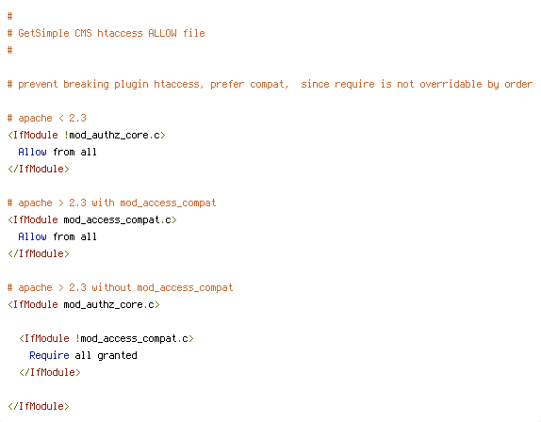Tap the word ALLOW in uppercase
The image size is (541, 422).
(x=162, y=33)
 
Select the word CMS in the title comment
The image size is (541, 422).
(x=83, y=33)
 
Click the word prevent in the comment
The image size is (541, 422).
(x=38, y=85)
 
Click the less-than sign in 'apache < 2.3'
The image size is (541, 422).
(x=61, y=119)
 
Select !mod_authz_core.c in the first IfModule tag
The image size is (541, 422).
(x=112, y=135)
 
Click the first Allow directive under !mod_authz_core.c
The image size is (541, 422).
(x=32, y=152)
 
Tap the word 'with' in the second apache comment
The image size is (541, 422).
(x=103, y=203)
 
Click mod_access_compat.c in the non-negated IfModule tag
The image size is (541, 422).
(x=117, y=220)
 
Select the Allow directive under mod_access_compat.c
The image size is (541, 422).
(x=32, y=236)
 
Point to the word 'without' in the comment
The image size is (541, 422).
(x=111, y=287)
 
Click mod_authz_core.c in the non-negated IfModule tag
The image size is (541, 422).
(x=109, y=305)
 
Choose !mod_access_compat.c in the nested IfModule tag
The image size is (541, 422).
(x=132, y=338)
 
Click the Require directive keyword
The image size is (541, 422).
(x=49, y=355)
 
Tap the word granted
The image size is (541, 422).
(x=117, y=356)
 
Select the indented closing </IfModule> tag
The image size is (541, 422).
(x=50, y=372)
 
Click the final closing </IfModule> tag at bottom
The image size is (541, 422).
(x=39, y=406)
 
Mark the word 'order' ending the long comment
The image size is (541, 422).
(x=518, y=84)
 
